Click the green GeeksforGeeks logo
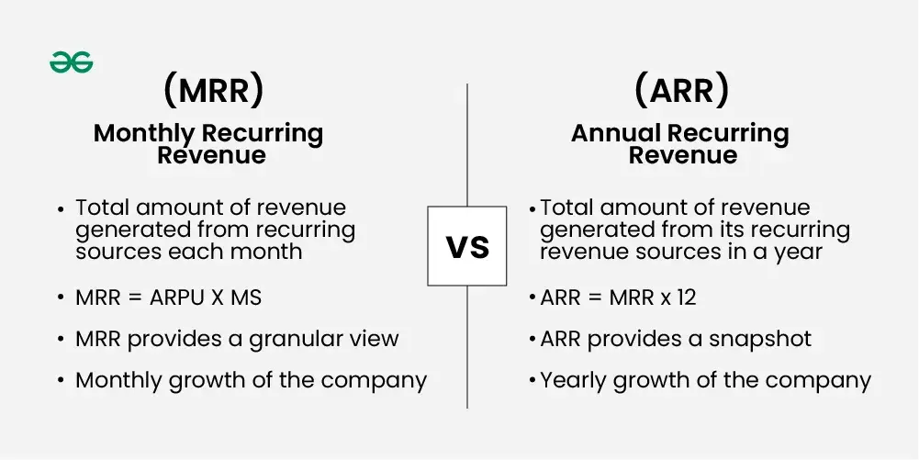click(71, 62)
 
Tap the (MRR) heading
click(213, 92)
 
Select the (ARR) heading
click(681, 92)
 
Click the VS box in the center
click(467, 246)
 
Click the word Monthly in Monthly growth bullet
click(118, 381)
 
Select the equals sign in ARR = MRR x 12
click(596, 298)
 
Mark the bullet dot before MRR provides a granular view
click(61, 340)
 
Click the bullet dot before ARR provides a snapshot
click(532, 340)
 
